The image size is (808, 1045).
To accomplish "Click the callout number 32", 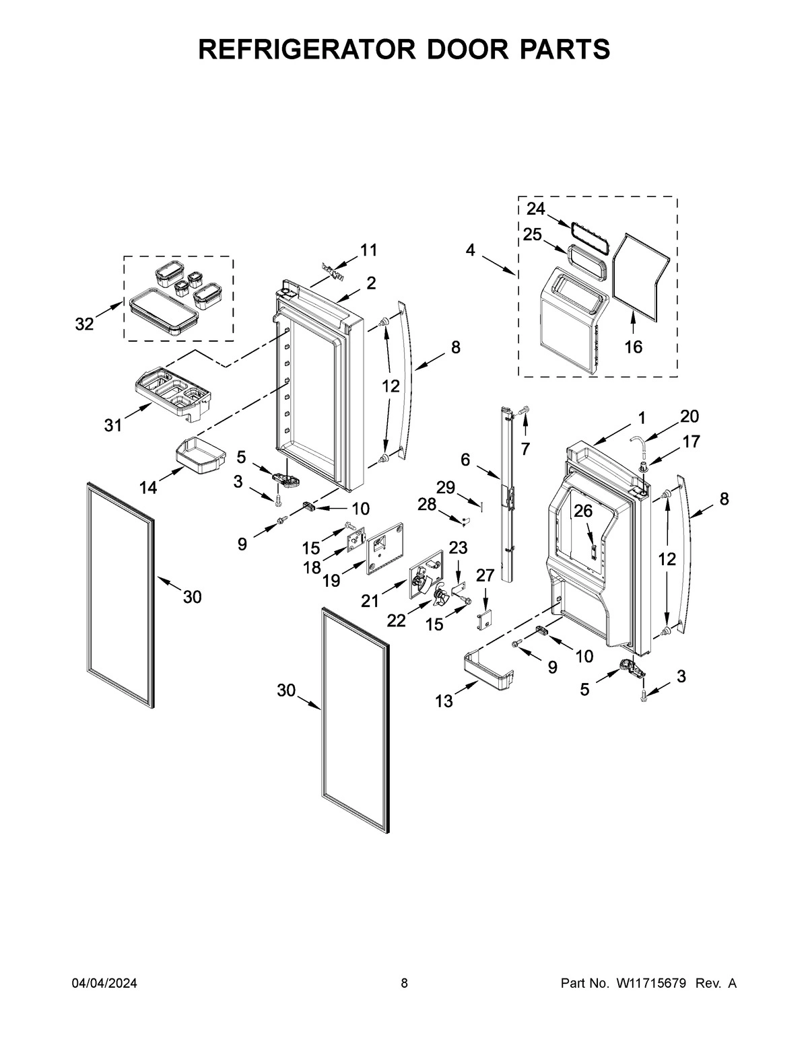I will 84,324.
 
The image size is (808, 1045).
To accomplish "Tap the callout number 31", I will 113,425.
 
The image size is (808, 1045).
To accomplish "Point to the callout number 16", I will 633,347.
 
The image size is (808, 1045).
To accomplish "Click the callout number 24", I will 535,209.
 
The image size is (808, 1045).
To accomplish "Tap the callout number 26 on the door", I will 582,511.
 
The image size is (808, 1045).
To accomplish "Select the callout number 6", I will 465,460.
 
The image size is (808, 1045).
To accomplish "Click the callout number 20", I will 689,416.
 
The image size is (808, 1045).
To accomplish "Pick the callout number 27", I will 485,575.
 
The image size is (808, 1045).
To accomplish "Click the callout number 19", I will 331,580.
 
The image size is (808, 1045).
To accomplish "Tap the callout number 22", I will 396,621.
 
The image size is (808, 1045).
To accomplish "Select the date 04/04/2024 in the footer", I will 104,983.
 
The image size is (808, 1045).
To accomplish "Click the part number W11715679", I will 650,983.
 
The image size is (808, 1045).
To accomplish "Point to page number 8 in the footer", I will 404,983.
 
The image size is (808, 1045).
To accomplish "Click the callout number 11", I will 368,250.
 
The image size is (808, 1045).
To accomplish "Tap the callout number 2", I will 371,283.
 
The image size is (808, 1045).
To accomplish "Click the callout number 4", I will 470,250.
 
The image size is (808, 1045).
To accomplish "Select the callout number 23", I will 458,548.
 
